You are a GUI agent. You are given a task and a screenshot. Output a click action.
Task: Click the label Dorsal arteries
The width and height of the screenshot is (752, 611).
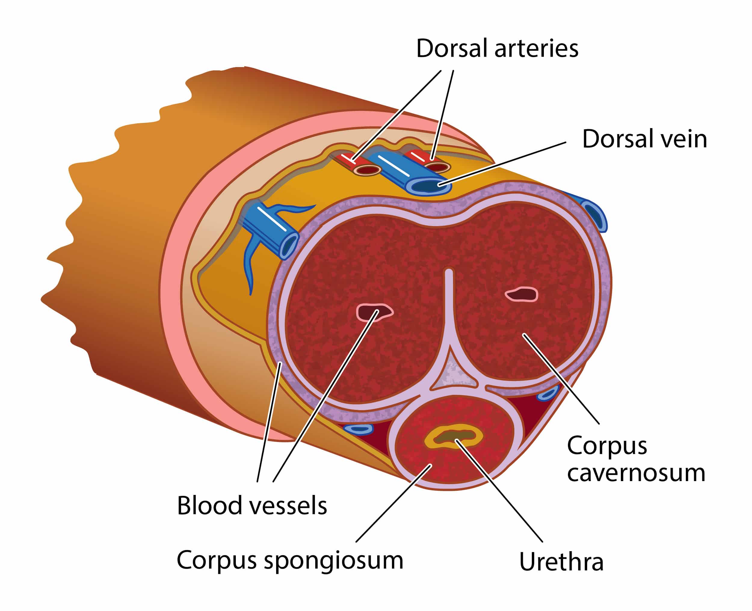[x=497, y=49]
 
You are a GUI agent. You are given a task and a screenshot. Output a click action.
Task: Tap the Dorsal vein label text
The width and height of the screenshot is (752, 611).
[x=644, y=139]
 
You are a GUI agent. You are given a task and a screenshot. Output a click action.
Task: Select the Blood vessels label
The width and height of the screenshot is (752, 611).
[x=252, y=506]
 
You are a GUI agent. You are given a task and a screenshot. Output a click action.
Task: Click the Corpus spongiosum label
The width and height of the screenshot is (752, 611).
[x=290, y=560]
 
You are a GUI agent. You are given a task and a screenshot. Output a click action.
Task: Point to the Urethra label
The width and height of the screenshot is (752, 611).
[x=561, y=562]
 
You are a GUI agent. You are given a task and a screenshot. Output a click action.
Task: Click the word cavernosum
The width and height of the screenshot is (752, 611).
[x=636, y=473]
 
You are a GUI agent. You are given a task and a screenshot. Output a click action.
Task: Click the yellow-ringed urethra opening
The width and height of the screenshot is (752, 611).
[x=453, y=437]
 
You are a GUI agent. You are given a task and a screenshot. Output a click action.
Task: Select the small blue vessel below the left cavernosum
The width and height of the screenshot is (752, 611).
[x=358, y=429]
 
